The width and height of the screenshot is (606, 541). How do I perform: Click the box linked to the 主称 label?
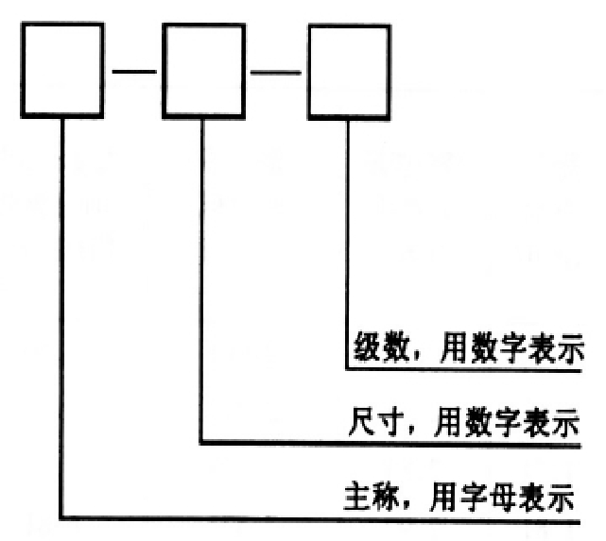coord(62,71)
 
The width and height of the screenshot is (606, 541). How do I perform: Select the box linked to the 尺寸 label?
coord(204,71)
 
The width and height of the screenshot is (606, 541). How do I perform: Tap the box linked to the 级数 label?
coord(349,71)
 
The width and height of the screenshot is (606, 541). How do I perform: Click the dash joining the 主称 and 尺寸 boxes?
coord(133,70)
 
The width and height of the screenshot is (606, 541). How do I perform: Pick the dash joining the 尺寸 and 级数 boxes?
coord(277,70)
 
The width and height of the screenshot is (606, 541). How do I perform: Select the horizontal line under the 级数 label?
coord(463,370)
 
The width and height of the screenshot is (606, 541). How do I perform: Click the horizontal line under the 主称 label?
coord(321,517)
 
